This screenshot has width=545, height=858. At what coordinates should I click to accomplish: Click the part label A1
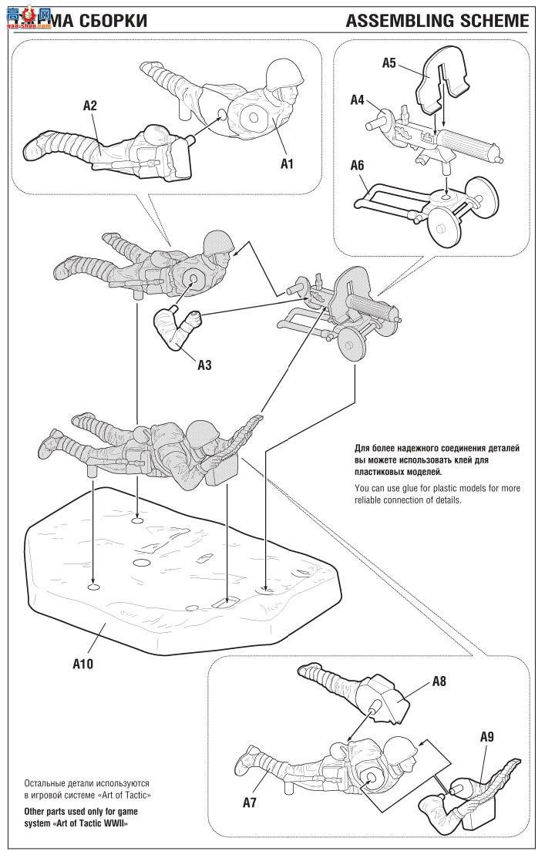(288, 163)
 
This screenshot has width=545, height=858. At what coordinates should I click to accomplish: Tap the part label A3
(204, 365)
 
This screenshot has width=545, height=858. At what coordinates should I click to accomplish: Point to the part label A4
(357, 100)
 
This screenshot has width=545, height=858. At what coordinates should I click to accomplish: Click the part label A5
(389, 63)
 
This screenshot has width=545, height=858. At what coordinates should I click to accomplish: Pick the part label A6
(357, 166)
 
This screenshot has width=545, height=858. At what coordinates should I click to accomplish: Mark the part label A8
(439, 681)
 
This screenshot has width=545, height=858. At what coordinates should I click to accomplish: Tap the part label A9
(486, 737)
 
